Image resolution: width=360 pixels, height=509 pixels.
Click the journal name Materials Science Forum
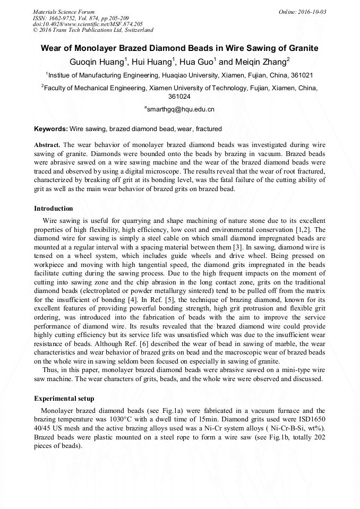point(64,12)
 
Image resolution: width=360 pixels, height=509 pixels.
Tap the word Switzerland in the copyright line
point(136,30)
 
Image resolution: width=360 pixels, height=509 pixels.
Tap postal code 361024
point(179,97)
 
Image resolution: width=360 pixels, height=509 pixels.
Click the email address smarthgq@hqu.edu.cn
point(180,109)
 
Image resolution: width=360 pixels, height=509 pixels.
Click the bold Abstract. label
point(47,145)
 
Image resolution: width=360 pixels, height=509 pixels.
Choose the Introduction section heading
point(54,209)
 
